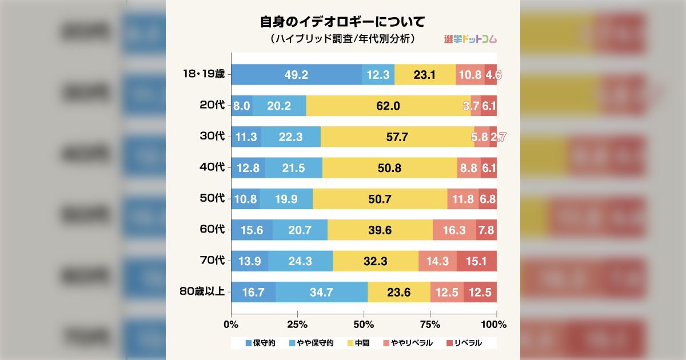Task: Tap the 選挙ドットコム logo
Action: click(x=470, y=39)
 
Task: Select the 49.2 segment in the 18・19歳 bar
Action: click(x=296, y=74)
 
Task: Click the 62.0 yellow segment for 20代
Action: click(x=388, y=106)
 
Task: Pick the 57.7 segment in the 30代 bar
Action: click(x=397, y=137)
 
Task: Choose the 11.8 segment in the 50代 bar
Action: click(x=462, y=199)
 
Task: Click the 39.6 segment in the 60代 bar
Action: click(x=380, y=230)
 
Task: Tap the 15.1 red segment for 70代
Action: click(x=476, y=261)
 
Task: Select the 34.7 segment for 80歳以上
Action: click(x=321, y=292)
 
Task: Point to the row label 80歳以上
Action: click(x=202, y=292)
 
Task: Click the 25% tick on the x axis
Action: click(x=297, y=325)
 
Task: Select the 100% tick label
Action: click(x=494, y=325)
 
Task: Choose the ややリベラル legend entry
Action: click(x=408, y=343)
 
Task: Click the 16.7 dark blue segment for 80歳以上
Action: click(x=253, y=292)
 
